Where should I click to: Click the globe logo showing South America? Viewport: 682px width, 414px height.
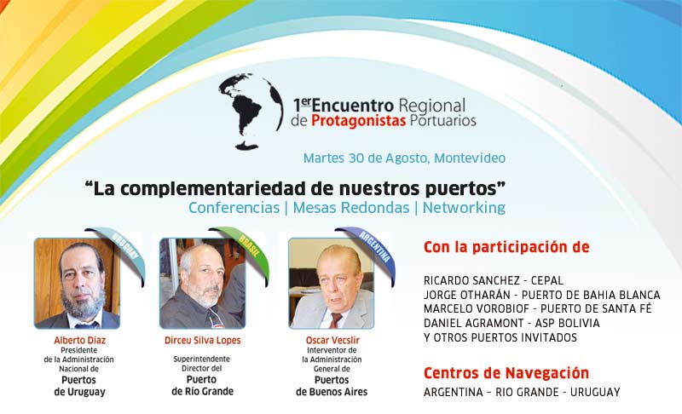(251, 112)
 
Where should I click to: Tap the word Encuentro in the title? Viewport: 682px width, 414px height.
(352, 106)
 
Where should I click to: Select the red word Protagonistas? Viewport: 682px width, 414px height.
(358, 121)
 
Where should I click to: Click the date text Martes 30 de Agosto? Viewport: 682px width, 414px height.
(367, 158)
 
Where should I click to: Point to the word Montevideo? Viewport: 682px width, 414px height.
(470, 158)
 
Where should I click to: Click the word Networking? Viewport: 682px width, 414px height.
(464, 208)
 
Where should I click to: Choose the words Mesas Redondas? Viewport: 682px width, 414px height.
(351, 208)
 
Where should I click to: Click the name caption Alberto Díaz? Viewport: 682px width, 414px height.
(79, 340)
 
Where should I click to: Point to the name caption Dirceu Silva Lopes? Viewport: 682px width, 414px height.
(202, 340)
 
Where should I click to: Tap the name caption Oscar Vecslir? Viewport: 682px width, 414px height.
(332, 340)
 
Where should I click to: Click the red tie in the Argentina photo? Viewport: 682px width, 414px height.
(335, 320)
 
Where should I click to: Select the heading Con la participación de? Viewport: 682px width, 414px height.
(506, 247)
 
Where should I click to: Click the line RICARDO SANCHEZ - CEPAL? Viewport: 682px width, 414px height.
(494, 280)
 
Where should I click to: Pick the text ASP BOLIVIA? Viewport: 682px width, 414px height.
(567, 323)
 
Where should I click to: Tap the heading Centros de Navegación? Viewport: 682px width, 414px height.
(506, 373)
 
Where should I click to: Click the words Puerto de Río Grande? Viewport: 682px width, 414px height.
(202, 386)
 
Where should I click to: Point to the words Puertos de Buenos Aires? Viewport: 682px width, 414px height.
(332, 386)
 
